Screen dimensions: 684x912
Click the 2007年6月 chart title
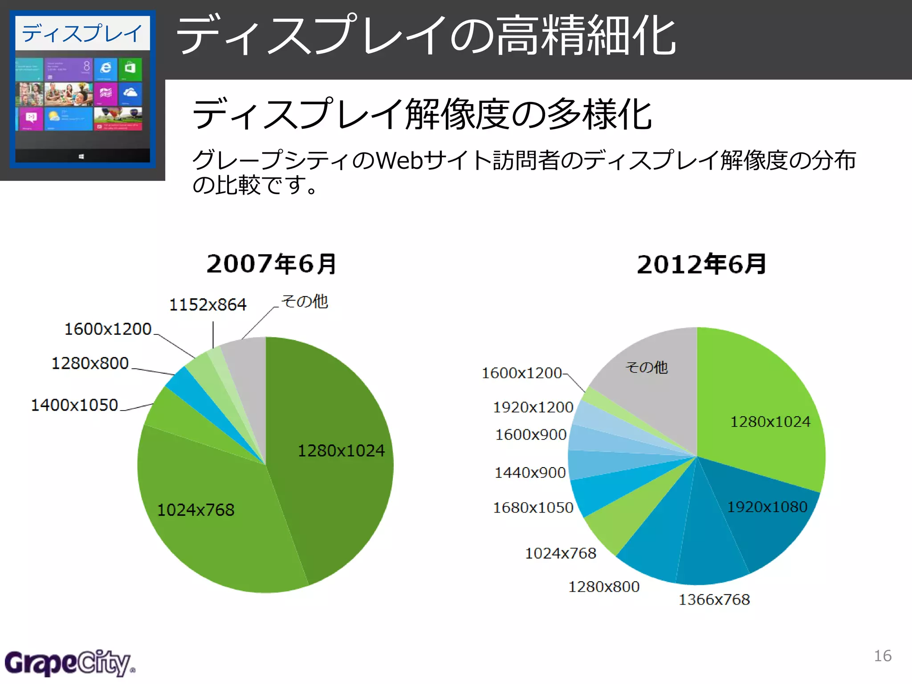click(272, 264)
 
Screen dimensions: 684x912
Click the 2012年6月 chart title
click(701, 265)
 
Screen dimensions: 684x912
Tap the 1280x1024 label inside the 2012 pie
click(770, 422)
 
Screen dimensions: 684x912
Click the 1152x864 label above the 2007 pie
click(208, 305)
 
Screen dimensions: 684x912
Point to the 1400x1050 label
click(74, 405)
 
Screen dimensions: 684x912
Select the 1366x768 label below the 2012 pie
click(714, 600)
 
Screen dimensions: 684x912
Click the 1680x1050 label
click(533, 508)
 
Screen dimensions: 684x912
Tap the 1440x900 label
click(530, 472)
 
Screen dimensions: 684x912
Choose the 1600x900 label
click(531, 435)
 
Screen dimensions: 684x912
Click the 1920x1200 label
click(533, 407)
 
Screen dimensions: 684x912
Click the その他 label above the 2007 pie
click(305, 301)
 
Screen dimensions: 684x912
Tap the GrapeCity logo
click(69, 663)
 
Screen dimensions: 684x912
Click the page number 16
click(882, 656)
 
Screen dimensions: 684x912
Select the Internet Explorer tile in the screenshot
click(106, 68)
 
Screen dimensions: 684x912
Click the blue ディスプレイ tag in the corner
click(82, 33)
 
